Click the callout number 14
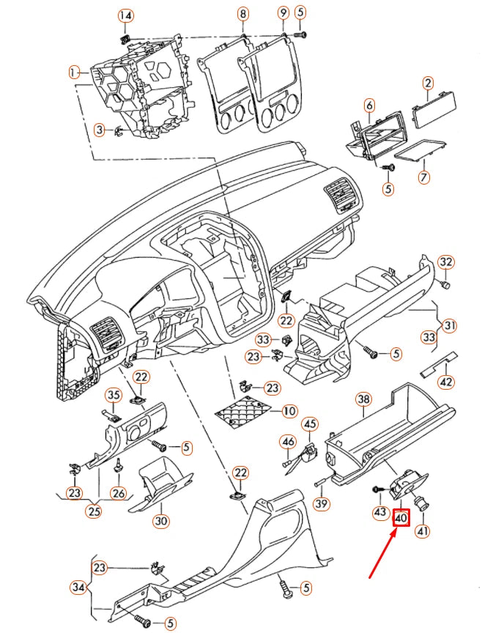click(x=126, y=16)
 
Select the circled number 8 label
click(x=243, y=13)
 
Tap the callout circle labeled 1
click(x=74, y=72)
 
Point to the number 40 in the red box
click(x=401, y=519)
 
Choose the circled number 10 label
click(x=289, y=411)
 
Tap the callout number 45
click(x=311, y=423)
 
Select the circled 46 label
click(x=288, y=441)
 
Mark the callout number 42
click(x=445, y=381)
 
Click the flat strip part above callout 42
click(x=439, y=363)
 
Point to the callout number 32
click(x=446, y=262)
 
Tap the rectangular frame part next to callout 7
click(x=420, y=151)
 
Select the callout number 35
click(x=114, y=395)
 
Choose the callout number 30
click(x=160, y=521)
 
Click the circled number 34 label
click(x=78, y=586)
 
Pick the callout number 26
click(x=119, y=493)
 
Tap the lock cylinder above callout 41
click(x=423, y=506)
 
